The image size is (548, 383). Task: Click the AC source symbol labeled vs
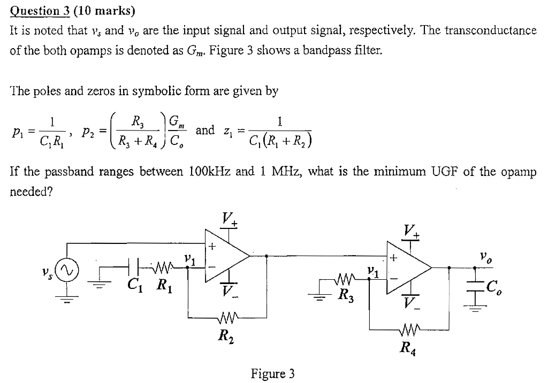tap(67, 266)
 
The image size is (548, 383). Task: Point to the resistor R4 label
tap(408, 350)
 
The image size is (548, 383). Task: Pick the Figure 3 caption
tap(273, 373)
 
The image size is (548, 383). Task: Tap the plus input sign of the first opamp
tap(212, 247)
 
